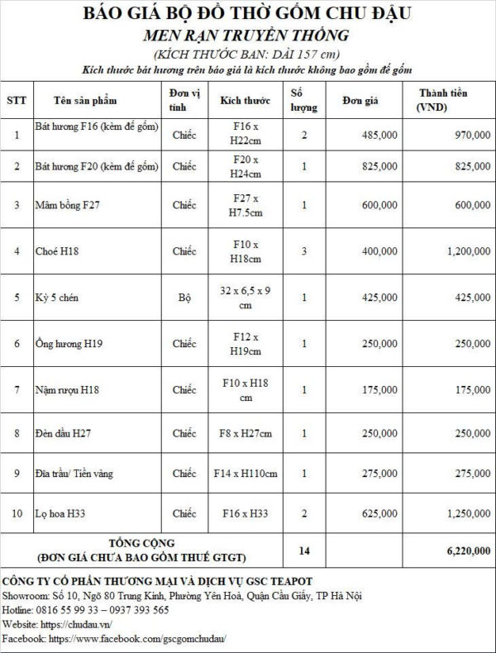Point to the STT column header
[x=17, y=100]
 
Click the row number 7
[x=17, y=388]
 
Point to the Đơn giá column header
[x=360, y=100]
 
